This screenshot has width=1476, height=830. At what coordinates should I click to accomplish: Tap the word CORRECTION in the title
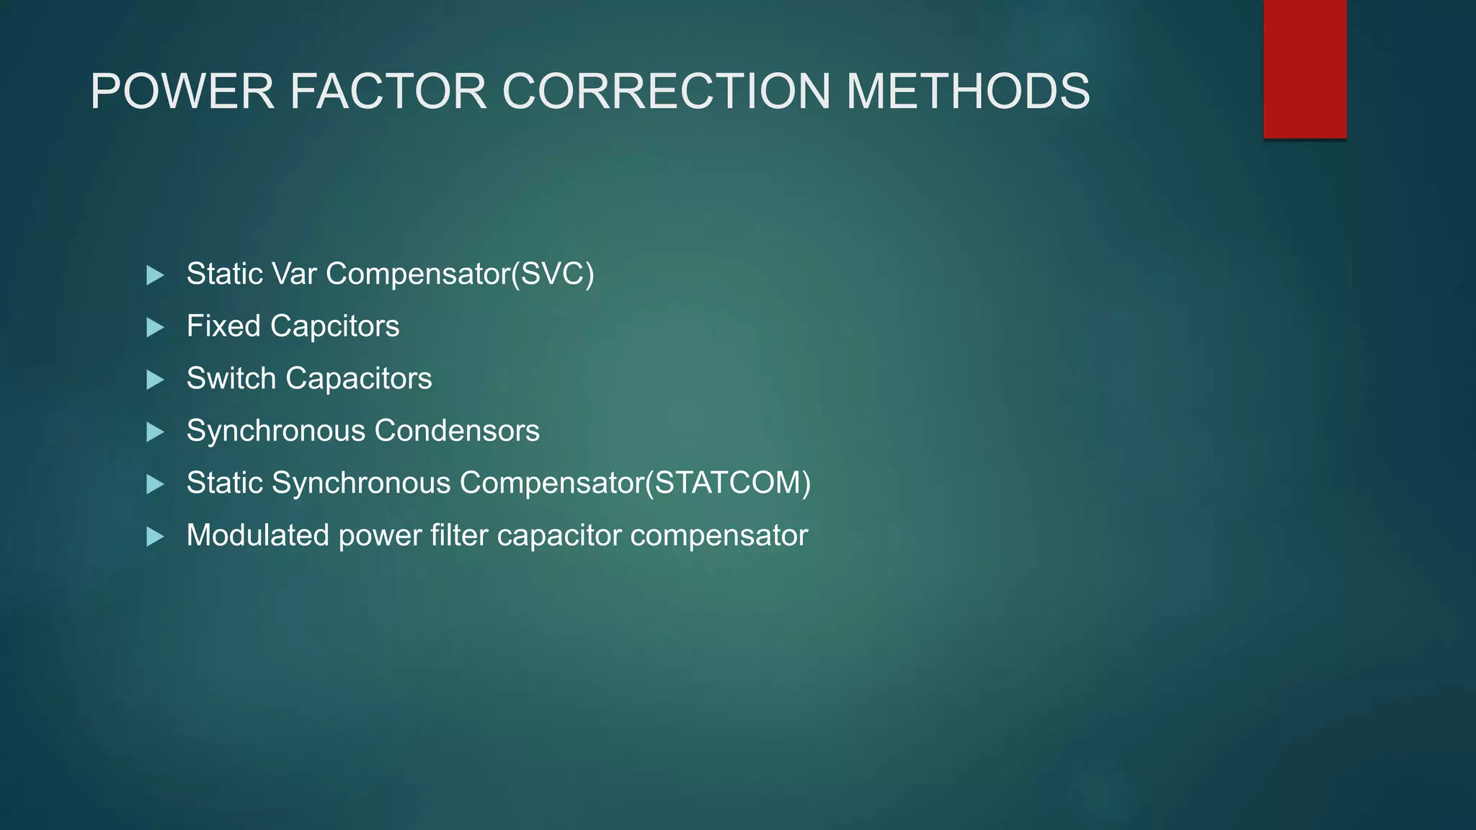coord(667,92)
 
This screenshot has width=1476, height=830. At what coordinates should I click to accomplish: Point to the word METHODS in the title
coord(968,92)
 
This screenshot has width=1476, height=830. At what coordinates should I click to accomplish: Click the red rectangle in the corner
coord(1304,68)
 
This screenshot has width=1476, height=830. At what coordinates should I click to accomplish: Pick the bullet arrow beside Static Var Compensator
coord(155,275)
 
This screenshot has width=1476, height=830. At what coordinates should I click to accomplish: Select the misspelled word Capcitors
coord(334,326)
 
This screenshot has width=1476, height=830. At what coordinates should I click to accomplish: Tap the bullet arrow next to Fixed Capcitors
coord(155,327)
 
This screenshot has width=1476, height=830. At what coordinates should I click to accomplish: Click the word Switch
coord(231,378)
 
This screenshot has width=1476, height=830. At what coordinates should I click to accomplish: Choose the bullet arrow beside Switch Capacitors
coord(155,380)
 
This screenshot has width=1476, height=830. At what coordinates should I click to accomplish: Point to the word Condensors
coord(457,431)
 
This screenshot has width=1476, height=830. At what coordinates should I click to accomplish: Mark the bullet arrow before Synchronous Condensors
coord(155,432)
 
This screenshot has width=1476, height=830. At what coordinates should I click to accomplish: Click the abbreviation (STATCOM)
coord(728,483)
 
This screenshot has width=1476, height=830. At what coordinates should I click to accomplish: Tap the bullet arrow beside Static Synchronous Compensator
coord(155,484)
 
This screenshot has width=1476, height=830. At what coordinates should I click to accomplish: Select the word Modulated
coord(257,535)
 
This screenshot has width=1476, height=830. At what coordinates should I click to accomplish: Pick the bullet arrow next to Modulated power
coord(155,536)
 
